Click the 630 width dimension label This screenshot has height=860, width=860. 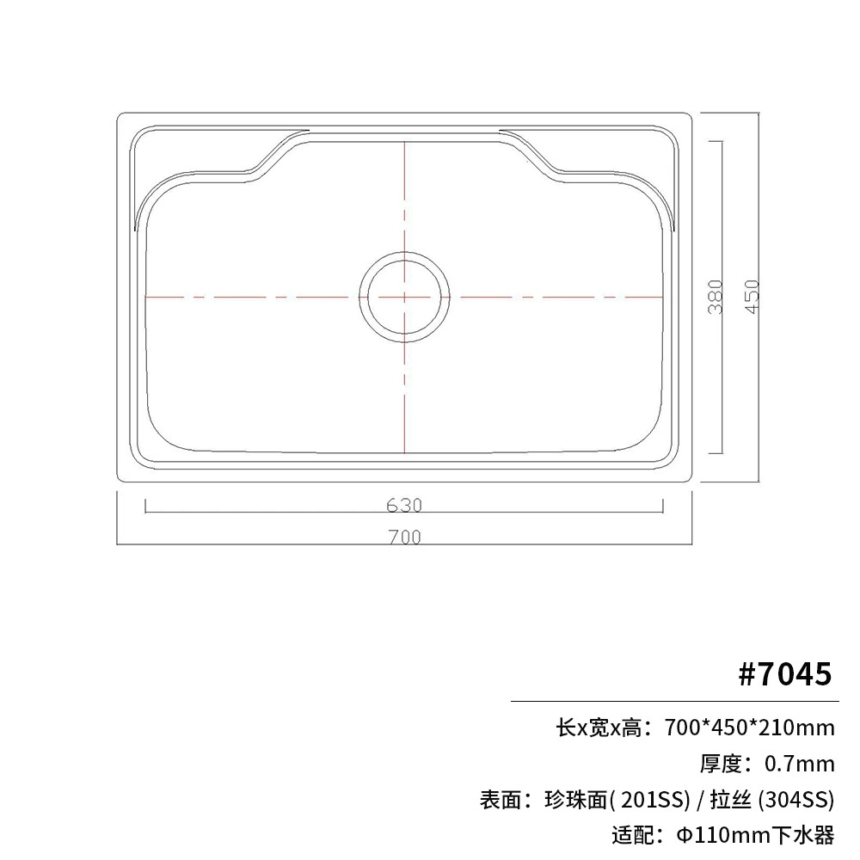click(x=404, y=505)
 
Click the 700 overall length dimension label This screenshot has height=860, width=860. click(x=405, y=537)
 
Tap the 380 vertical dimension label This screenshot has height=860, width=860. click(x=716, y=297)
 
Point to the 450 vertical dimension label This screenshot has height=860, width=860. click(x=752, y=297)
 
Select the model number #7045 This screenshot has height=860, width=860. click(x=785, y=673)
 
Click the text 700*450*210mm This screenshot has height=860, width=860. click(x=749, y=728)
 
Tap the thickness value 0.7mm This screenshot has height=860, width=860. click(x=800, y=764)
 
